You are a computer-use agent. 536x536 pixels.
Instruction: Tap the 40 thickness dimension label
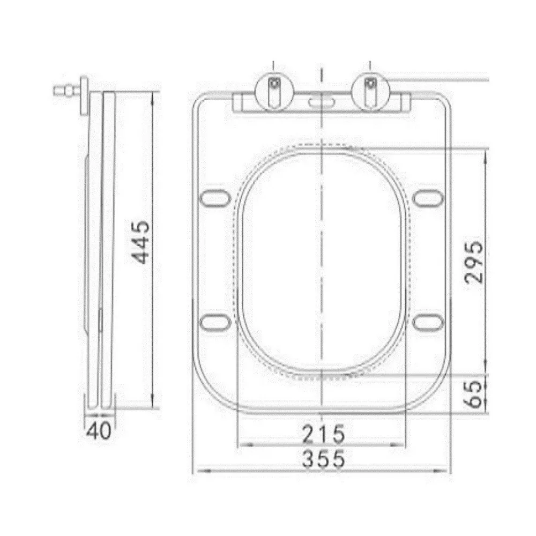click(99, 430)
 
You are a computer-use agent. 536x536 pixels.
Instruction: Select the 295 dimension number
click(474, 262)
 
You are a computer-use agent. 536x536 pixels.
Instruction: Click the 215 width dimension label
click(323, 434)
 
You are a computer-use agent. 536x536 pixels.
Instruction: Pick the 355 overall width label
click(323, 459)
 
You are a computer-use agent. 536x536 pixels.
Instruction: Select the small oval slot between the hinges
click(322, 102)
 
